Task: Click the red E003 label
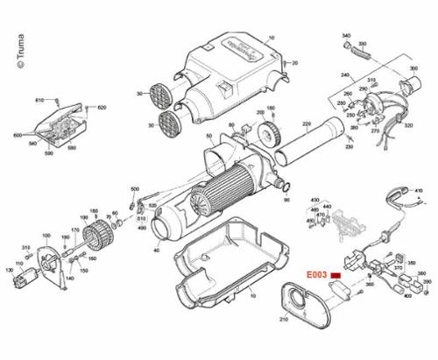coord(316,274)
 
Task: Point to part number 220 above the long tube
coord(307,124)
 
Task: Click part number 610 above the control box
coord(39,101)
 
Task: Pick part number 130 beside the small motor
coord(11,272)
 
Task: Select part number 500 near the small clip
coord(135,189)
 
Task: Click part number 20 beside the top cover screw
coord(295,63)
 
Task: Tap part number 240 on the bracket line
coord(344,74)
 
